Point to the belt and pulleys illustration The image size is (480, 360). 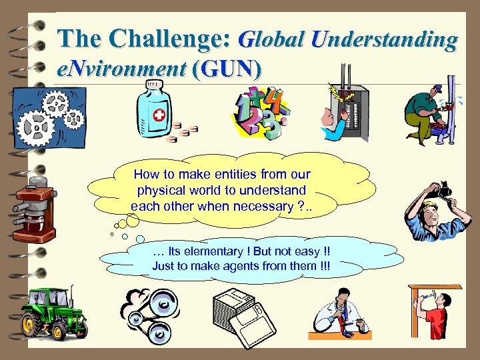[148, 312]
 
